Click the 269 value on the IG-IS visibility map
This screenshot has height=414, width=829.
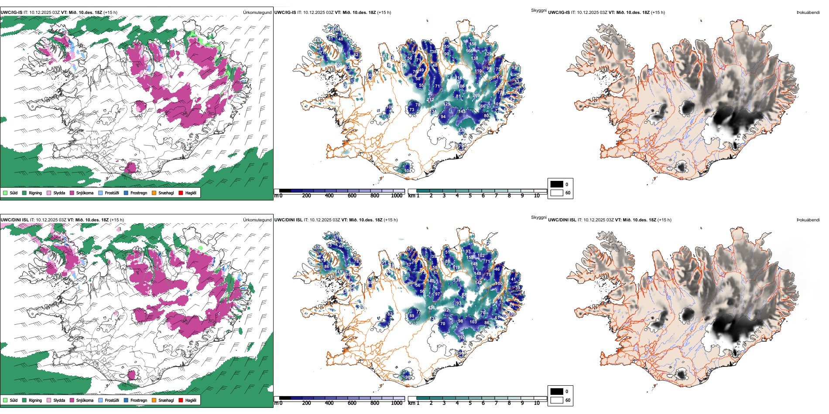click(476, 95)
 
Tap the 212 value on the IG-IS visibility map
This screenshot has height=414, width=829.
click(430, 100)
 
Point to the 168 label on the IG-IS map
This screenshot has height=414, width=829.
click(469, 51)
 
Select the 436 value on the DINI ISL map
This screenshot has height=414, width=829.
click(431, 308)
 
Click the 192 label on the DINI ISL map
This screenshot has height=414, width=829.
click(462, 337)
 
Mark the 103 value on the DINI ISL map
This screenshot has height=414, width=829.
click(473, 322)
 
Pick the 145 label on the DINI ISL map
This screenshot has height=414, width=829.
click(340, 272)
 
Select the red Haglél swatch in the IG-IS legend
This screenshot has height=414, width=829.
click(181, 193)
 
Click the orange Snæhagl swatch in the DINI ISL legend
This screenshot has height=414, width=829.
click(154, 400)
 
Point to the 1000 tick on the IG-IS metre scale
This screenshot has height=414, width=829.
click(397, 196)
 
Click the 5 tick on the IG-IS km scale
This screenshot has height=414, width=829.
click(470, 196)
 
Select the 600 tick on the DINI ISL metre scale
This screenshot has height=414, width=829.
click(352, 403)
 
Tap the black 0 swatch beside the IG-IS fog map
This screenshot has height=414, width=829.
click(557, 184)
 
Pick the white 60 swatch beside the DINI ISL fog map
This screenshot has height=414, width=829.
click(557, 400)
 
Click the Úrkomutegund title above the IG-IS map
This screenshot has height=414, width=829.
click(257, 13)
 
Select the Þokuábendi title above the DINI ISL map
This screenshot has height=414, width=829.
click(808, 220)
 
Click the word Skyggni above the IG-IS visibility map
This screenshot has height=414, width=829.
click(538, 10)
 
